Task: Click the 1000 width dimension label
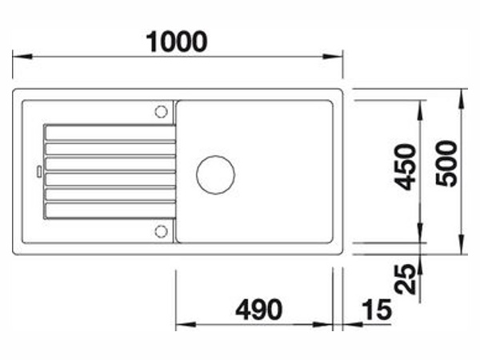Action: click(177, 42)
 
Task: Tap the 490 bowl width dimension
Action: click(259, 310)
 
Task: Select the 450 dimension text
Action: click(406, 167)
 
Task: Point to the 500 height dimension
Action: click(446, 163)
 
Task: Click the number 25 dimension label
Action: click(406, 279)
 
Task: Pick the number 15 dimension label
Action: click(377, 310)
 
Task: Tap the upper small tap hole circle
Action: click(161, 112)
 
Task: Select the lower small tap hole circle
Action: click(161, 231)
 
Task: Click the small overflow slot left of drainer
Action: click(39, 171)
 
